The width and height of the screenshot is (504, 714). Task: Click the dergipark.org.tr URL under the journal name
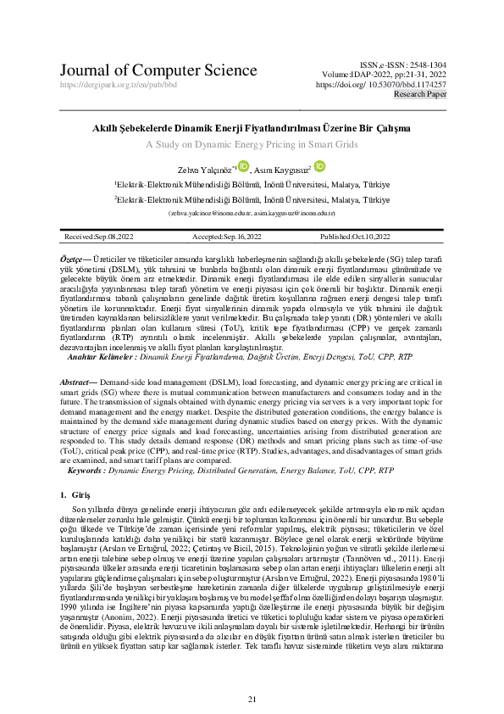[x=119, y=86]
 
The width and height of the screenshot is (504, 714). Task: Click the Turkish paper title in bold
[x=252, y=128]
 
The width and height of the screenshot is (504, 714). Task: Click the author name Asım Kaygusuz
[x=285, y=169]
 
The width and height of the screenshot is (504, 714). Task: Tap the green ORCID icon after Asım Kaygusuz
[x=319, y=166]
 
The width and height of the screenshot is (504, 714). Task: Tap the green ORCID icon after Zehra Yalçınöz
[x=244, y=166]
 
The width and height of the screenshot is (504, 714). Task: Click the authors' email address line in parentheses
[x=252, y=213]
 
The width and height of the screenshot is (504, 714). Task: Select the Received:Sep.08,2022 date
[x=97, y=237]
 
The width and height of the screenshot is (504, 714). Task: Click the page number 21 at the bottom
[x=252, y=675]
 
